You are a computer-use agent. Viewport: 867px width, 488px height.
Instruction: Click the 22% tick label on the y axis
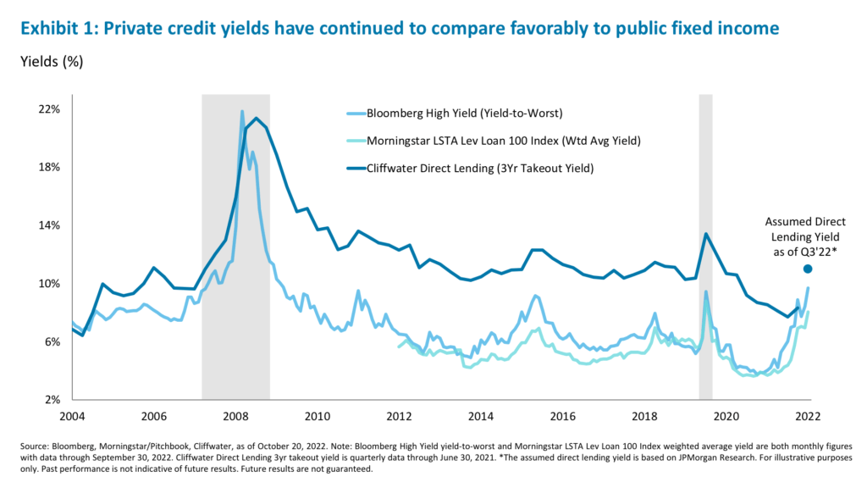pos(48,109)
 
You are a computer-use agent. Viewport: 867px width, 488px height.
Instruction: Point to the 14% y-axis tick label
pos(48,225)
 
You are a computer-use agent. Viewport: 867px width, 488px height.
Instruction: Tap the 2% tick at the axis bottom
pos(52,400)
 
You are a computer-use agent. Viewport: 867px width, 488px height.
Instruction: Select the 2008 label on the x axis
pos(235,416)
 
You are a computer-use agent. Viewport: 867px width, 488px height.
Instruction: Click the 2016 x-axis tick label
pos(563,416)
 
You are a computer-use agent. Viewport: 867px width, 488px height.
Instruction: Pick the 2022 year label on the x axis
pos(809,416)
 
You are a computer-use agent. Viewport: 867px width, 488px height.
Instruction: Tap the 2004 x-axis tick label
pos(71,416)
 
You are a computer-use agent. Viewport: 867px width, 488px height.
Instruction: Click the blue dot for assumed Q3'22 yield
pos(808,269)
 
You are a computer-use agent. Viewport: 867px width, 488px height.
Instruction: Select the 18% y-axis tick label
pos(48,167)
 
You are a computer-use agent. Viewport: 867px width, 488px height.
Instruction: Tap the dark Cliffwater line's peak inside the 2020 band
pos(705,234)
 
